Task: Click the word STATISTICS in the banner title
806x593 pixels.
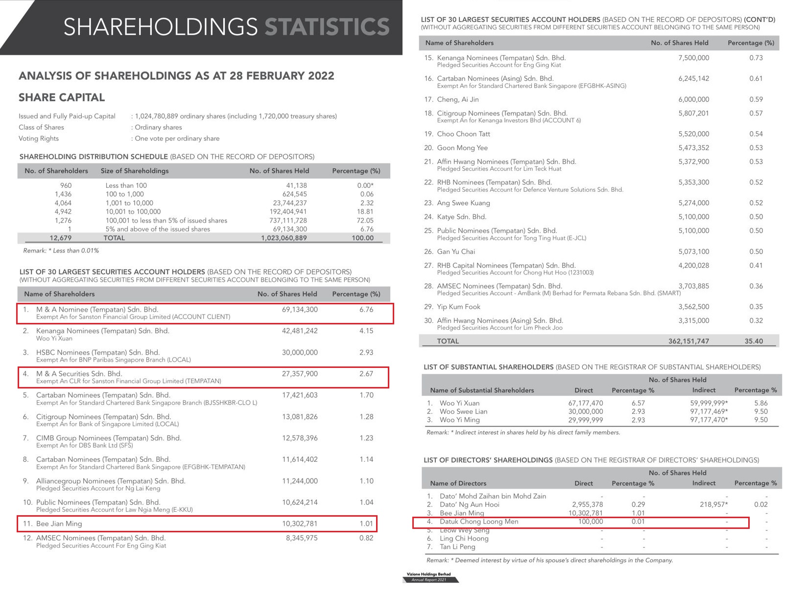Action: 327,27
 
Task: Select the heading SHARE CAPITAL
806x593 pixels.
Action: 62,97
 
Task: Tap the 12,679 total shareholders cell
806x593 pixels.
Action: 60,238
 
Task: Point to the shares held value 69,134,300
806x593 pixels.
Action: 300,310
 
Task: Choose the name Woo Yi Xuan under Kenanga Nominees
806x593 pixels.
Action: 54,339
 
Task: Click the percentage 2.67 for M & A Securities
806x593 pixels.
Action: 366,374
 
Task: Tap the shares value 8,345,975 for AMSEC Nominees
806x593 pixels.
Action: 300,538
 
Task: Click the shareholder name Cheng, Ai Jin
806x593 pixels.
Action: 458,99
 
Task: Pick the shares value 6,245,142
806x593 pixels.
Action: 693,78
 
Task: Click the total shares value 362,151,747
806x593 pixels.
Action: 688,342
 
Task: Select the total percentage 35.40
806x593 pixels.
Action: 754,342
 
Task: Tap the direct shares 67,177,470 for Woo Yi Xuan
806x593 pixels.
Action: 586,403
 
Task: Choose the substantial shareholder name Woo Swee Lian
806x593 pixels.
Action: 463,411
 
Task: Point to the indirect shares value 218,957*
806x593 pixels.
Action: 713,504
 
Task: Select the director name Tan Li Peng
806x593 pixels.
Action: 457,547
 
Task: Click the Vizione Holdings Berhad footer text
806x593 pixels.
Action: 428,574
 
